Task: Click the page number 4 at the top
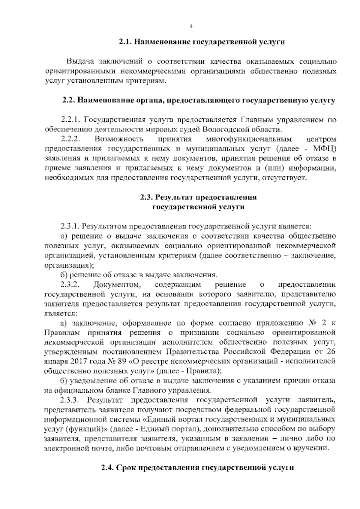pos(191,26)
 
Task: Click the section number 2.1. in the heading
pos(125,42)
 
